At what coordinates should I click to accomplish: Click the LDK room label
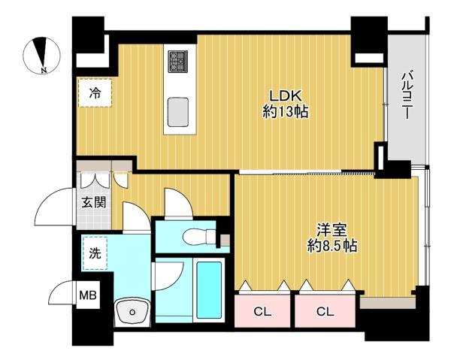tap(285, 95)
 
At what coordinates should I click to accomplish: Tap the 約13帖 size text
tap(285, 111)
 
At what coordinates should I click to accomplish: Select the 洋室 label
tap(331, 230)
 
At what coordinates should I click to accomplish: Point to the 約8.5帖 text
tap(332, 246)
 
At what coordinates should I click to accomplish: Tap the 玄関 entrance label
tap(94, 203)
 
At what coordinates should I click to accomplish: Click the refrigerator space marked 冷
tap(95, 93)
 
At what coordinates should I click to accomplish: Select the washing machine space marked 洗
tap(95, 253)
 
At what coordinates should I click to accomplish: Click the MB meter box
tap(88, 295)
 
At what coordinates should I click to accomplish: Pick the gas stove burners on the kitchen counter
tap(178, 61)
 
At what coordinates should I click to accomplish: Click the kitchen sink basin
tap(178, 112)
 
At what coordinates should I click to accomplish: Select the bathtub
tap(209, 289)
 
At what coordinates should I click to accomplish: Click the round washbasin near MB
tap(132, 312)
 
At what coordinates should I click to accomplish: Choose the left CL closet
tap(262, 311)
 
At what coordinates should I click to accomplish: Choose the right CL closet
tap(325, 311)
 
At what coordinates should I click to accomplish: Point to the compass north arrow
tap(41, 52)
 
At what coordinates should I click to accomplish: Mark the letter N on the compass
tap(44, 70)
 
